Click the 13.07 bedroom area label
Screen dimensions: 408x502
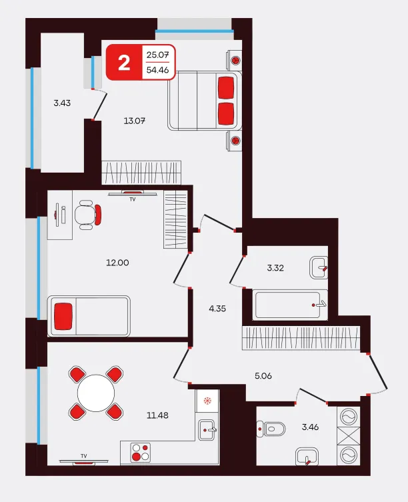click(x=135, y=121)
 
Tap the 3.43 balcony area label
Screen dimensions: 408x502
click(x=62, y=103)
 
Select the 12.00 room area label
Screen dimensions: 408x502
click(x=117, y=263)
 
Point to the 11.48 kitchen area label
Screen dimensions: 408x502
click(x=157, y=415)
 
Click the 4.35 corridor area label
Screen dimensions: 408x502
click(x=217, y=309)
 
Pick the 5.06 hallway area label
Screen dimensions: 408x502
click(x=263, y=376)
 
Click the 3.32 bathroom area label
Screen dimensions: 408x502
click(x=275, y=267)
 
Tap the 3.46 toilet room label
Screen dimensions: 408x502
click(x=310, y=427)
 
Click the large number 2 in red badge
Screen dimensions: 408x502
click(x=124, y=63)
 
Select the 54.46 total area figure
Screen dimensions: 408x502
click(x=157, y=70)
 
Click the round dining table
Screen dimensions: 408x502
click(x=96, y=393)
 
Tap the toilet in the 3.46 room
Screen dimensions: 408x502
click(x=271, y=429)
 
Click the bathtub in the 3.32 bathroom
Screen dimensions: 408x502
click(x=290, y=305)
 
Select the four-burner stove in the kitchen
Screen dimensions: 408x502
click(x=141, y=453)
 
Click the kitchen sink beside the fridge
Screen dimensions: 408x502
click(x=207, y=430)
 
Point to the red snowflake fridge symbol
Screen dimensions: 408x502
click(x=207, y=400)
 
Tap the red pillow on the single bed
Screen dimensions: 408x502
click(x=63, y=316)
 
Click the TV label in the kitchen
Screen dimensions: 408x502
click(x=84, y=456)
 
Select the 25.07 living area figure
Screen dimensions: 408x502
click(x=157, y=55)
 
